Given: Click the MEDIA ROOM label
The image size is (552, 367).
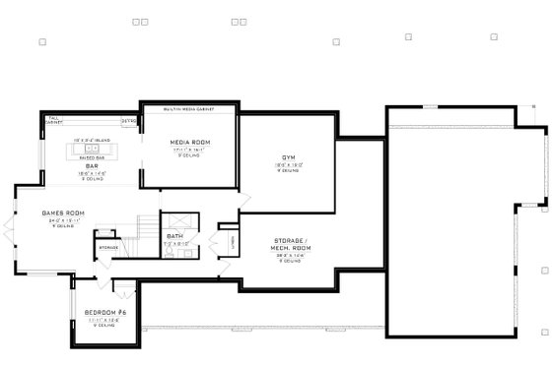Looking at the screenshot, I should tap(189, 143).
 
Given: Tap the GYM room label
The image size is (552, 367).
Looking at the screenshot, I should tap(288, 157).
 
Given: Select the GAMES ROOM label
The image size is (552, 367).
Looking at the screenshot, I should tap(63, 214).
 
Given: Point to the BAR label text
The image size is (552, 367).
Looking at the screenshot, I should tap(90, 166).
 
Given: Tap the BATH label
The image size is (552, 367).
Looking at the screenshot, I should tap(174, 236).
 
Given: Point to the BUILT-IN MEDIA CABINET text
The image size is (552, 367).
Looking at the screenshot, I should tap(189, 109).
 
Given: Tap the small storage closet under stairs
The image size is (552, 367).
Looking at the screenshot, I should tap(106, 247).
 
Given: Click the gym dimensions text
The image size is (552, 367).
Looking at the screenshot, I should tap(288, 164).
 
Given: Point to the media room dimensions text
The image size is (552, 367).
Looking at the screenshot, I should tap(189, 150).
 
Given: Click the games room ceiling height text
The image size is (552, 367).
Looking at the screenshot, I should tap(63, 226).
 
